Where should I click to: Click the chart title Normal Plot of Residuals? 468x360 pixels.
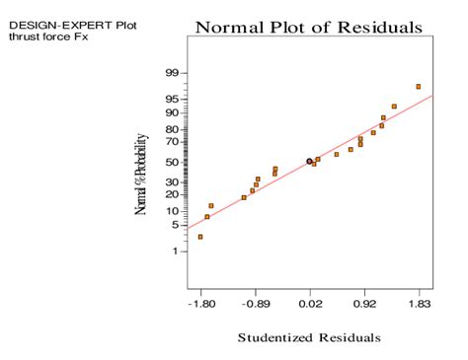pos(309,27)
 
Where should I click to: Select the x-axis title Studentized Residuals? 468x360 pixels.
pos(308,337)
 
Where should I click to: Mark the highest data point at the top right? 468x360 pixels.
pos(419,87)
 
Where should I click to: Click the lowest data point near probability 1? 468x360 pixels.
pos(200,237)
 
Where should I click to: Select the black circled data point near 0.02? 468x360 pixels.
pos(309,161)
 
